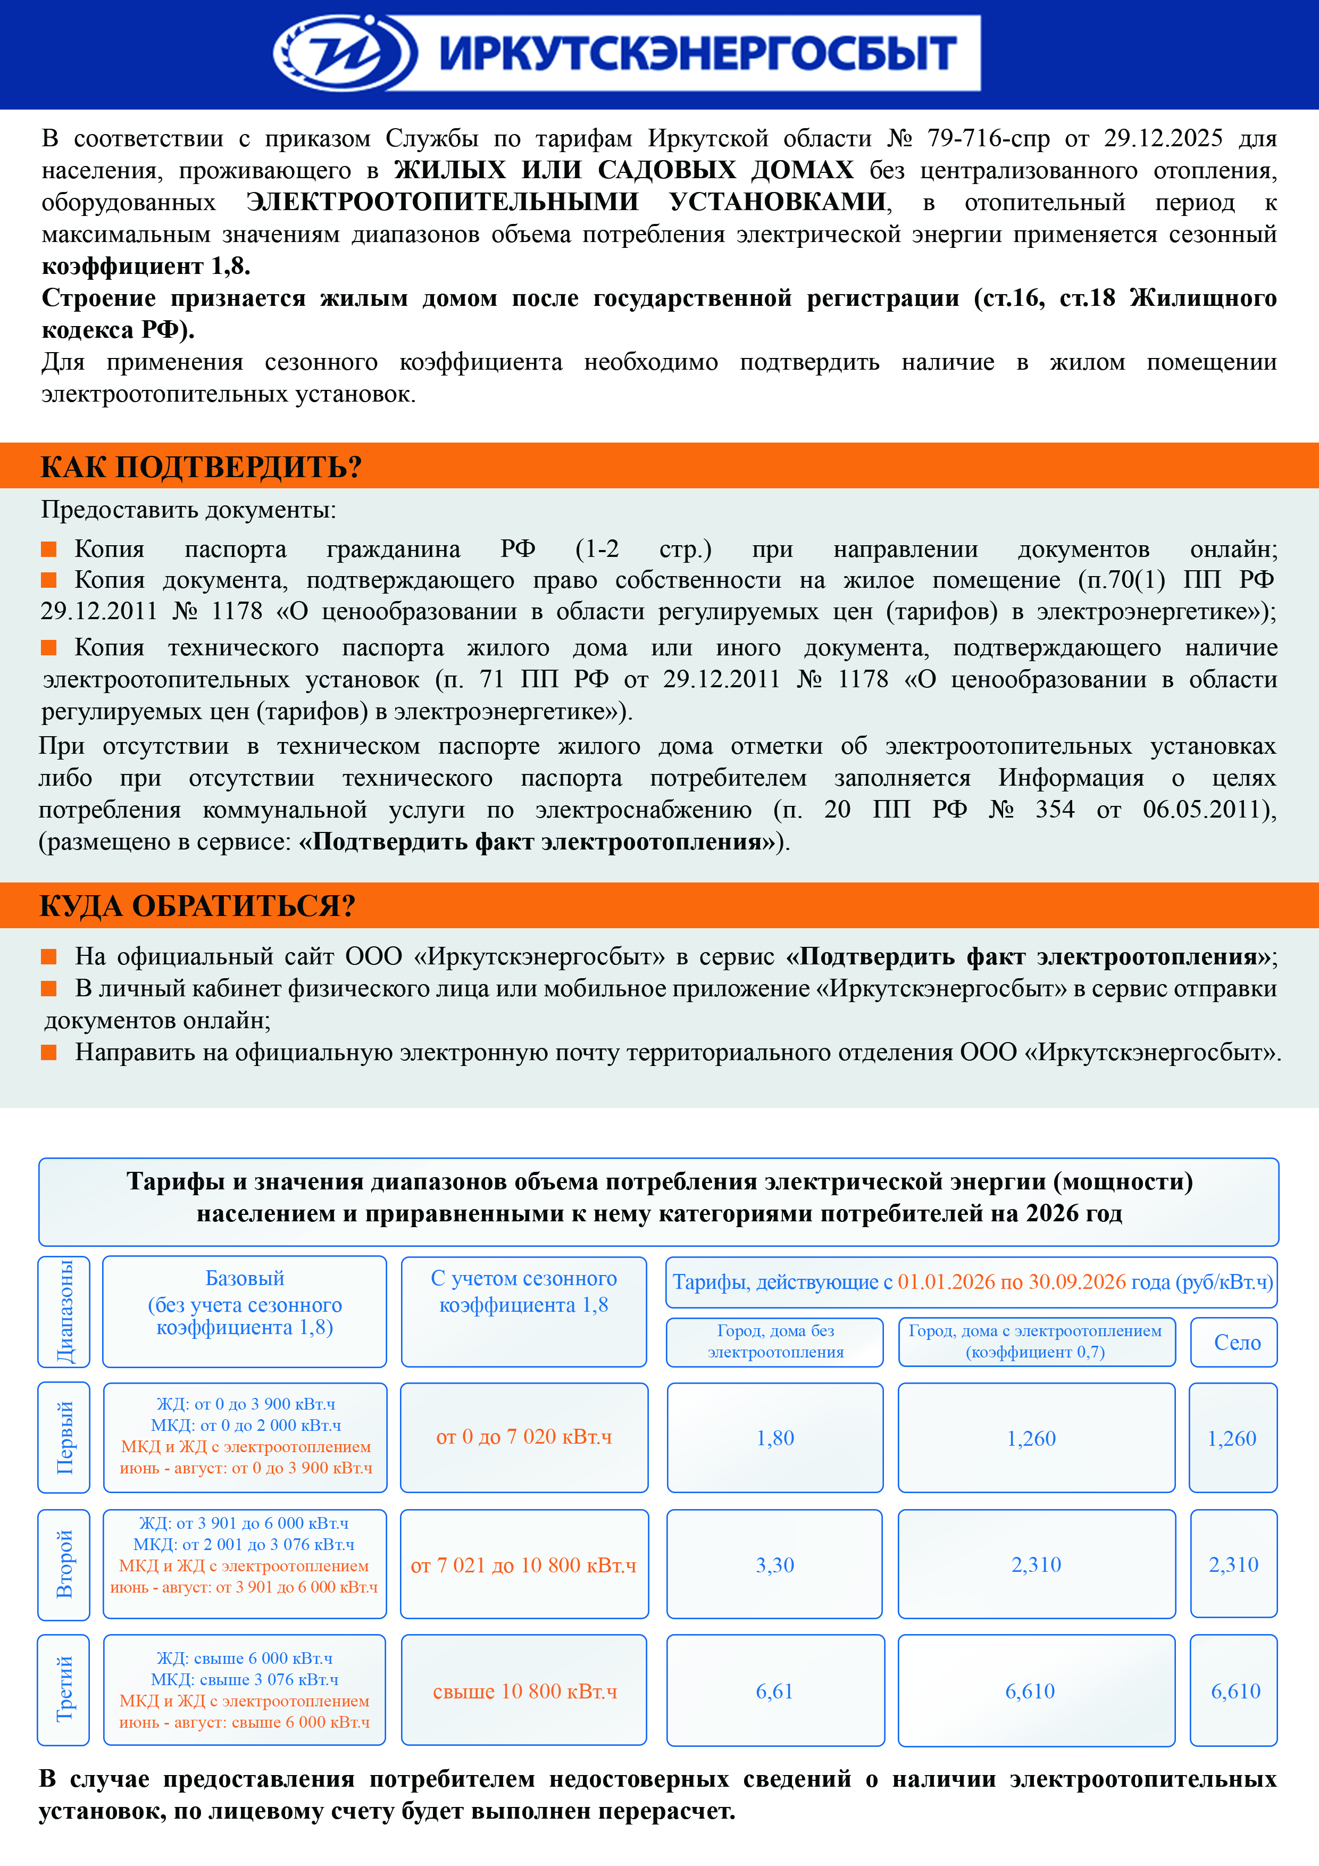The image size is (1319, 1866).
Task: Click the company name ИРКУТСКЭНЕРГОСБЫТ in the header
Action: click(697, 54)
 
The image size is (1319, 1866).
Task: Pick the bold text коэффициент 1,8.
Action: click(146, 266)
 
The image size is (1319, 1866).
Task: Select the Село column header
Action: click(1237, 1343)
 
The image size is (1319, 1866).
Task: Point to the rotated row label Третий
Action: click(64, 1689)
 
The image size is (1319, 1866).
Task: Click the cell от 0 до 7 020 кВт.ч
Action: click(524, 1437)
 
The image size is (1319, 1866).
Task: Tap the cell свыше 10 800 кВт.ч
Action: click(524, 1692)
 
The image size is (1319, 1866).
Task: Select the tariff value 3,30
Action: click(774, 1564)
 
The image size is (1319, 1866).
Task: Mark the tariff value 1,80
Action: click(774, 1438)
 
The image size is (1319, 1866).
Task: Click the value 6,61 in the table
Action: click(774, 1692)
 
